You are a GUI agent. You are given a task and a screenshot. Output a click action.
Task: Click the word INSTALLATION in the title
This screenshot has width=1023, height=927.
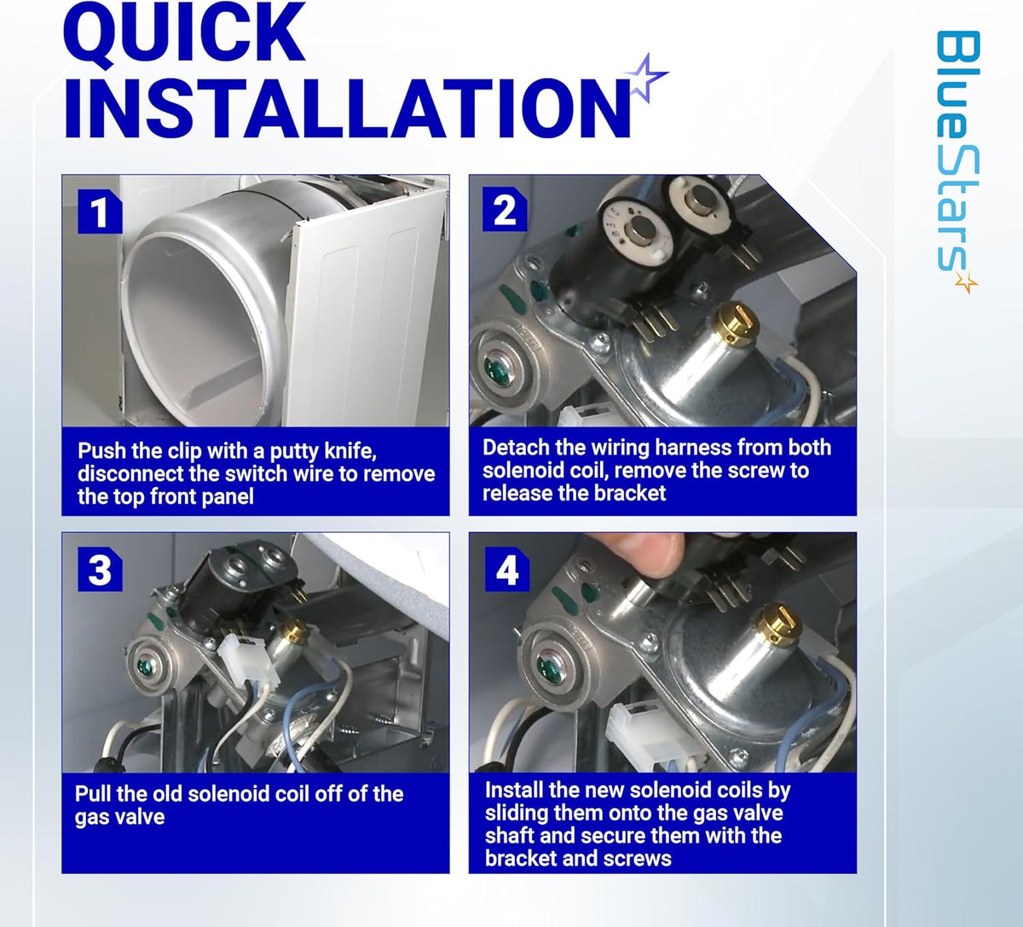[347, 108]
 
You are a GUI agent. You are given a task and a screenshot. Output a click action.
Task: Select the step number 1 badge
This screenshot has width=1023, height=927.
[100, 211]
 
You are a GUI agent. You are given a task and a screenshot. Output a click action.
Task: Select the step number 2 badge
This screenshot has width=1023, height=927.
[505, 209]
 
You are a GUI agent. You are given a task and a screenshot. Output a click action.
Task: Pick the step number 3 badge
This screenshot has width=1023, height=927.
[100, 569]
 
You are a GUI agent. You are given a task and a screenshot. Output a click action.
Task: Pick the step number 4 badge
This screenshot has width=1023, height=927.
[507, 569]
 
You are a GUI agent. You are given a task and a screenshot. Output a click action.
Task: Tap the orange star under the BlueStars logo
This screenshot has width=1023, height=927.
[966, 281]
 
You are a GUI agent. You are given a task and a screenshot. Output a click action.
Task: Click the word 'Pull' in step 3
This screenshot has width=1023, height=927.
[93, 794]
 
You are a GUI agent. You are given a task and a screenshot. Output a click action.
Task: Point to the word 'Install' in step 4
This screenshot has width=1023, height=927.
[515, 791]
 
